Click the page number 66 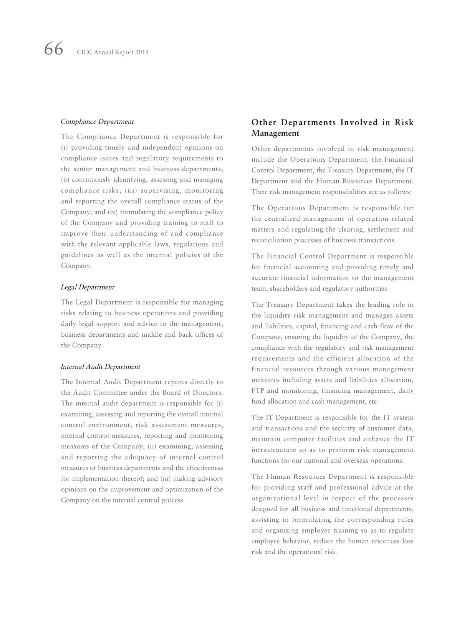click(x=53, y=50)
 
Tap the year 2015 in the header click(x=142, y=52)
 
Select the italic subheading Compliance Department click(x=97, y=122)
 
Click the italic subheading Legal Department click(x=87, y=287)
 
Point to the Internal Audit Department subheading click(x=100, y=367)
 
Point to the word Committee click(x=109, y=393)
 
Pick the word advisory click(x=209, y=479)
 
